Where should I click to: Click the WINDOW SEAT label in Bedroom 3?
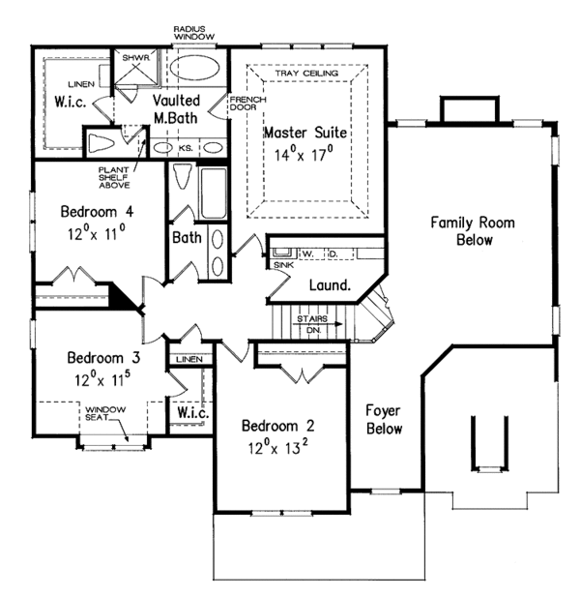pos(106,414)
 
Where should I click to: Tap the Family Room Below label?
pos(473,231)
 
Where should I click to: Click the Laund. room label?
pos(328,285)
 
